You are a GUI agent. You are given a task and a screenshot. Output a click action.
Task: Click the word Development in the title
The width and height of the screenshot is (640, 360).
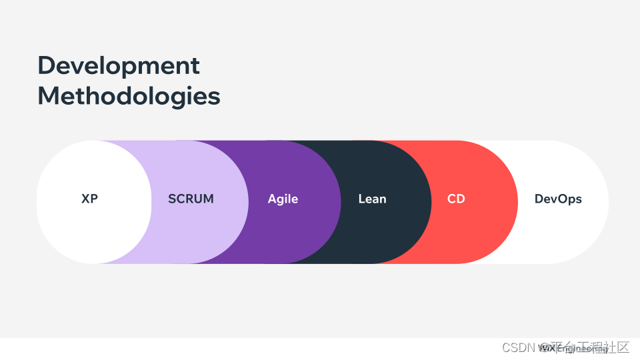tap(119, 65)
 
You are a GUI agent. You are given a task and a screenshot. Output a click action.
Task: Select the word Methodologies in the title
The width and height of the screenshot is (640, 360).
tap(129, 96)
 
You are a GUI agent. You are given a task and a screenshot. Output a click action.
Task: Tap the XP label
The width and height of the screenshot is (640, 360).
tap(89, 199)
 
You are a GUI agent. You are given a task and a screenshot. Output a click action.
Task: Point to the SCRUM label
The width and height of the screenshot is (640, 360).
tap(191, 199)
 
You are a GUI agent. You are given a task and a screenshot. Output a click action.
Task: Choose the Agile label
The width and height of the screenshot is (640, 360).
tap(283, 199)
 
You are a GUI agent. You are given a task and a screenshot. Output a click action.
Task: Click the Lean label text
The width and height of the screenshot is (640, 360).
tap(372, 199)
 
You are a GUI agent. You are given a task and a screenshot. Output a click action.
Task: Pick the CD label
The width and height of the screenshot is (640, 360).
tap(456, 199)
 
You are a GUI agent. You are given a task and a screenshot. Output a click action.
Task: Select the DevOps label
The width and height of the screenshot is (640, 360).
tap(558, 199)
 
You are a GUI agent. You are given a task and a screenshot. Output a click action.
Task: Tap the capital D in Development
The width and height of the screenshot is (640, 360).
tap(46, 65)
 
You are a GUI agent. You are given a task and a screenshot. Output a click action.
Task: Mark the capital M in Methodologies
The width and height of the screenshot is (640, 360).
tap(49, 96)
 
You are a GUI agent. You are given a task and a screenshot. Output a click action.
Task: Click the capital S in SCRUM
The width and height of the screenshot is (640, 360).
tap(172, 199)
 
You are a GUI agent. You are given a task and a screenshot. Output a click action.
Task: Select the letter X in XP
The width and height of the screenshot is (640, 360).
tap(85, 199)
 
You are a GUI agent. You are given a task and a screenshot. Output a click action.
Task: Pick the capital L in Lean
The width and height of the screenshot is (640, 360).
tap(361, 199)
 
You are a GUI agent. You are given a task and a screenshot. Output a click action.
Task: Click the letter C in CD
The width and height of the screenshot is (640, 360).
tap(452, 199)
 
